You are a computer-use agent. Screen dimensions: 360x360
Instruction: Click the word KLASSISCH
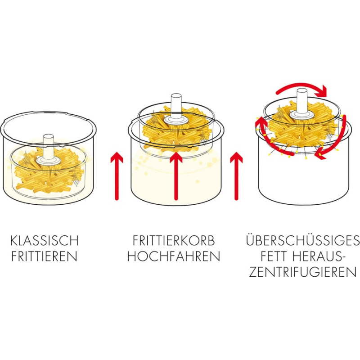tap(44, 240)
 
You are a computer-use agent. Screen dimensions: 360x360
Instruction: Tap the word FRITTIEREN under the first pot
tap(44, 256)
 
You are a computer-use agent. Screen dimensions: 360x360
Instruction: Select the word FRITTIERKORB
tap(174, 240)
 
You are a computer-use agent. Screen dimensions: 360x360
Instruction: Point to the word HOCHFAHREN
tap(174, 256)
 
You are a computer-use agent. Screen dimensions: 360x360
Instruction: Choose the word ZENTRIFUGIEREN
tap(303, 272)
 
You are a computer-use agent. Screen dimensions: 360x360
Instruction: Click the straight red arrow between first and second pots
tap(117, 176)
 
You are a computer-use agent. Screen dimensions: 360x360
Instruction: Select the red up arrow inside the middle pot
tap(176, 176)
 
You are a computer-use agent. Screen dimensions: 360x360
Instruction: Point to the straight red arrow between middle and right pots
tap(236, 176)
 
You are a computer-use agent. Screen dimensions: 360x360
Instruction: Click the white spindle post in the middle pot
tap(176, 107)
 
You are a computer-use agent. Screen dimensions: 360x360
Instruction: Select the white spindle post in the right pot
tap(302, 102)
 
